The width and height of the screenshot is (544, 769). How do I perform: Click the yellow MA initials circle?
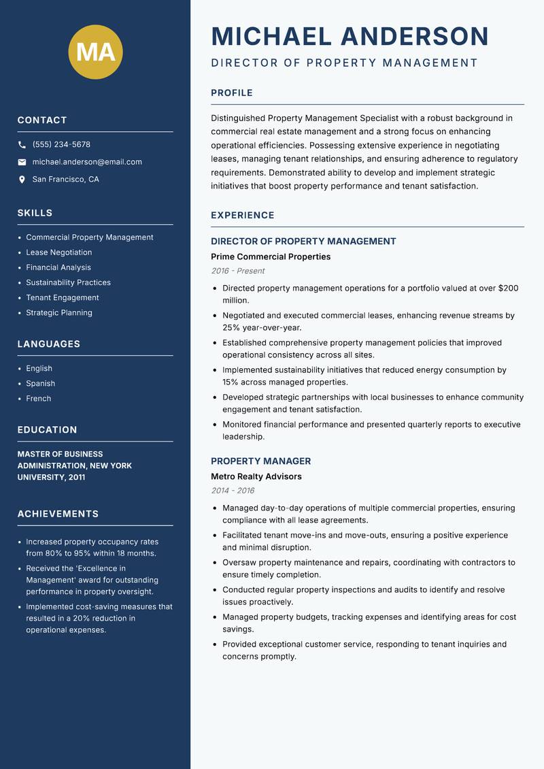[x=95, y=52]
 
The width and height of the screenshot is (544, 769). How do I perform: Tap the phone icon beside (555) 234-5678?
[x=22, y=145]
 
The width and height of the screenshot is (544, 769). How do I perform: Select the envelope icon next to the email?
[x=22, y=162]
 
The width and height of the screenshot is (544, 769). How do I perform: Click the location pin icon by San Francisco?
[x=22, y=180]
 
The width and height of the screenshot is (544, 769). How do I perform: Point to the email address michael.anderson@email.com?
[x=87, y=162]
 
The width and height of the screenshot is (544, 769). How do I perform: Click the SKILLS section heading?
[x=35, y=213]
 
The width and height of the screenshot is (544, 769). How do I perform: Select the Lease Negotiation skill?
[x=58, y=252]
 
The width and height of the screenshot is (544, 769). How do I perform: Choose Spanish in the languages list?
[x=40, y=384]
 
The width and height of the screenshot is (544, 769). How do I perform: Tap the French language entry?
[x=38, y=399]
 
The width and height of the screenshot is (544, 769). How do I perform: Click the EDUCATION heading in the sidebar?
[x=47, y=430]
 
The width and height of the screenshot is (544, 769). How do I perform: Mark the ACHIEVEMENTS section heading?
[x=58, y=514]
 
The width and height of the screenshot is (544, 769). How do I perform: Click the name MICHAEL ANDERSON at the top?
[x=350, y=36]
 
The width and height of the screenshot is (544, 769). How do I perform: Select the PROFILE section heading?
[x=231, y=93]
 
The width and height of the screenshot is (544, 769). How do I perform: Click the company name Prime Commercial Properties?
[x=271, y=257]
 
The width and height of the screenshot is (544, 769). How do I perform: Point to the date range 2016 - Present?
[x=237, y=271]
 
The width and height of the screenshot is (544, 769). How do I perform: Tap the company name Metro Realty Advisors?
[x=256, y=476]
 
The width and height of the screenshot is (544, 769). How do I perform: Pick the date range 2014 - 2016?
[x=233, y=491]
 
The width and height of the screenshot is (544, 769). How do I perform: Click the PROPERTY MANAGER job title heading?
[x=260, y=461]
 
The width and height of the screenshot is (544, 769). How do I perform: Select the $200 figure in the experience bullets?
[x=508, y=289]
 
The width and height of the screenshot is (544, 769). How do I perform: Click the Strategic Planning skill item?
[x=58, y=313]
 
